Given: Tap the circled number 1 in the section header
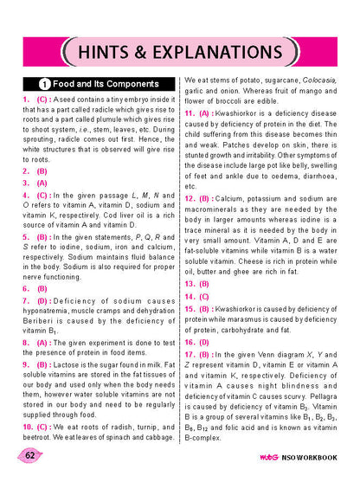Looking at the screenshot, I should (x=43, y=86).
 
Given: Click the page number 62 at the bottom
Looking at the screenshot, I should (x=30, y=455).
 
